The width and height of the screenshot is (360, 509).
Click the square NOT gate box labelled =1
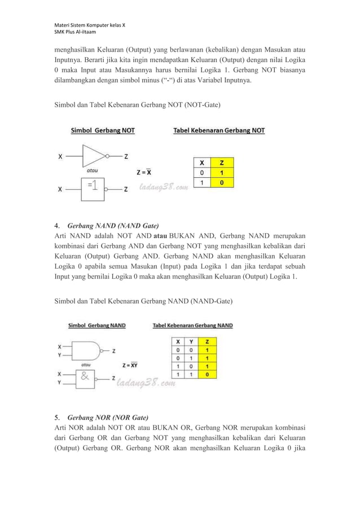point(94,188)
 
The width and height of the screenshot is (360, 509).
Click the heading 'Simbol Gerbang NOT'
point(102,130)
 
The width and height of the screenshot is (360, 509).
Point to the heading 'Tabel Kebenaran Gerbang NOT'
point(218,130)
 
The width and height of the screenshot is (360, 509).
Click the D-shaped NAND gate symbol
point(89,350)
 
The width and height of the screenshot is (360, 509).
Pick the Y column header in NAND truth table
point(193,341)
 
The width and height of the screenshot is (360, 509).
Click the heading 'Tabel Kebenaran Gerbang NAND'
point(192,326)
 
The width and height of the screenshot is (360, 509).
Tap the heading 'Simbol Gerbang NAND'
point(96,326)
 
